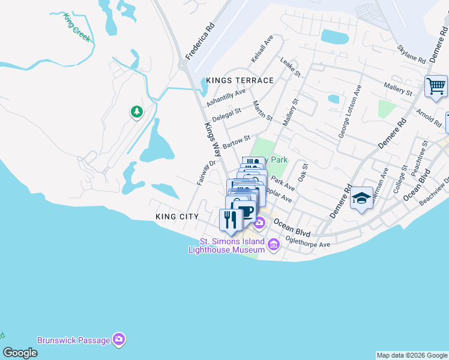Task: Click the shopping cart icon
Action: click(x=436, y=85)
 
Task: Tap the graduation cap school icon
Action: click(x=361, y=199)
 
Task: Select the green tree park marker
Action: click(x=137, y=111)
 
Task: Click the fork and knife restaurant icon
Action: click(x=231, y=220)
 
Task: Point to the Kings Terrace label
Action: click(x=240, y=80)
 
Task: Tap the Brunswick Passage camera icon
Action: click(x=119, y=340)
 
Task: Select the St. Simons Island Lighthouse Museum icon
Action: click(x=274, y=244)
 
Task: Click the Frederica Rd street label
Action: click(x=200, y=41)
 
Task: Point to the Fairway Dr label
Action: click(x=205, y=173)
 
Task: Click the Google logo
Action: click(x=20, y=353)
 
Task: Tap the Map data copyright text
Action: click(x=412, y=355)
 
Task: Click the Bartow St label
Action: click(x=236, y=143)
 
